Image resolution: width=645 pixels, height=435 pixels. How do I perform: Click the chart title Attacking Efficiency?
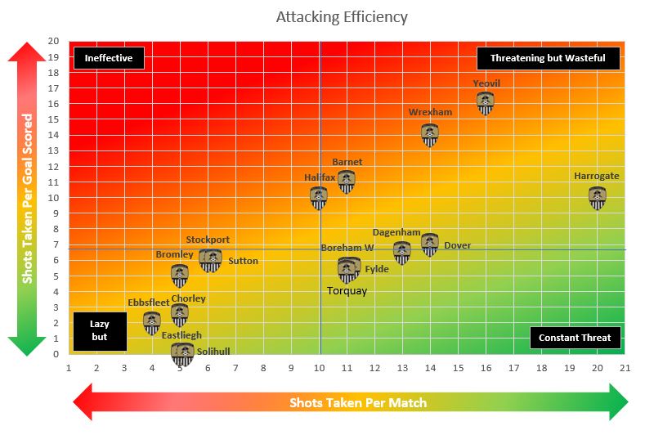[x=341, y=17]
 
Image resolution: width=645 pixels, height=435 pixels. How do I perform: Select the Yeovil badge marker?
[x=486, y=103]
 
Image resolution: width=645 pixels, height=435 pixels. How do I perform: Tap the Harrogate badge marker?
[x=598, y=198]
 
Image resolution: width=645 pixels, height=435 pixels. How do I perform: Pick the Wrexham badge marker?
[x=430, y=134]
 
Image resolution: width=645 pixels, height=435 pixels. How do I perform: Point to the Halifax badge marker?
[x=319, y=198]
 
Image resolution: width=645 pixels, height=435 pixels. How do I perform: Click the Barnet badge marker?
[x=347, y=182]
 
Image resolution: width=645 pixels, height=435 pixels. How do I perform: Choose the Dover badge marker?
[x=430, y=244]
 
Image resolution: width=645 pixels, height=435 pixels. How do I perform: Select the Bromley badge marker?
[x=180, y=276]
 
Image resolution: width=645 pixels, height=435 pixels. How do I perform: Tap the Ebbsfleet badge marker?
[x=152, y=323]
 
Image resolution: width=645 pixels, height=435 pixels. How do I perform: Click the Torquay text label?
[x=347, y=290]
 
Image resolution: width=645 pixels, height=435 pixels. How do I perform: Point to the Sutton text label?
[x=243, y=262]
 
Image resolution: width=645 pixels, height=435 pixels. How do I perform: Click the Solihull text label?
[x=213, y=352]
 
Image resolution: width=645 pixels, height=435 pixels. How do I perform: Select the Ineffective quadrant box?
[x=109, y=58]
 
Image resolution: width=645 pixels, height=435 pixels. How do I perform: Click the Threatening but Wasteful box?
[x=548, y=58]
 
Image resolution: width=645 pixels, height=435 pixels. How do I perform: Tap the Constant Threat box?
[x=575, y=338]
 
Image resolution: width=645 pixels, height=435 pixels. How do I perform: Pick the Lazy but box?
[x=100, y=330]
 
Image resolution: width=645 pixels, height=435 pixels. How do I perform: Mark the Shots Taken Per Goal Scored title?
[x=28, y=199]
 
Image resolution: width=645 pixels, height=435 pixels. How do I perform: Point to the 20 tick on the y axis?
[x=54, y=42]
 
